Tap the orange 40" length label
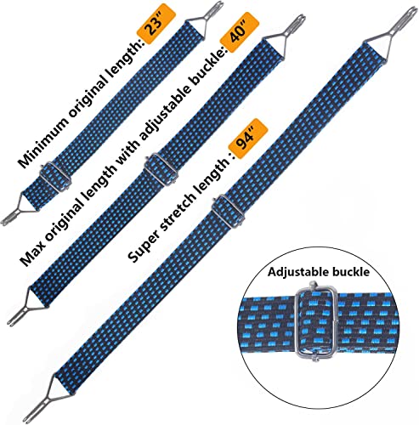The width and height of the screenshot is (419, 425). (x=240, y=32)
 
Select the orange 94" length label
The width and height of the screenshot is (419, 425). (x=248, y=139)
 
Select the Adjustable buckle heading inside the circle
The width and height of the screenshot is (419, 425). (x=319, y=272)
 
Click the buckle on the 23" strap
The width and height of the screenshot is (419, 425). (x=54, y=177)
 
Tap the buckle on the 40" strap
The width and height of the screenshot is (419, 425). (x=161, y=168)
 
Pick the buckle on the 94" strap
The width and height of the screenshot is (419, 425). (x=228, y=211)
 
